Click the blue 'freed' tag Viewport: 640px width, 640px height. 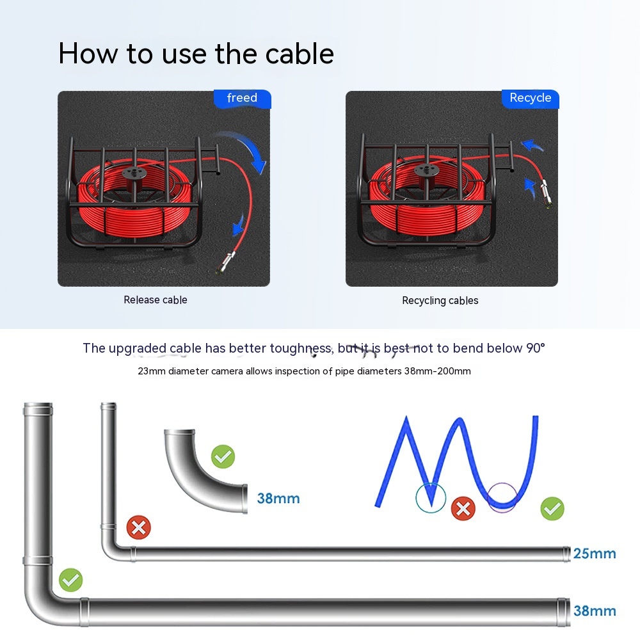pos(242,99)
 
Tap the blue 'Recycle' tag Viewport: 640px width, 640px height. pos(530,99)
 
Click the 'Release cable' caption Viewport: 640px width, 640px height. pos(156,300)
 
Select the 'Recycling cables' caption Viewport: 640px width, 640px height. pos(440,301)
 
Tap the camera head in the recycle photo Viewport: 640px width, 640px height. pos(547,195)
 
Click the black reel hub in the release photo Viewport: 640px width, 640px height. pos(134,173)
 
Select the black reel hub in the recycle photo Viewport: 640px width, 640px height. pos(426,171)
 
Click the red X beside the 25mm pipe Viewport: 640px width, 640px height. pos(139,527)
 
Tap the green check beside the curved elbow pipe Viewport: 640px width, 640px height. pos(223,456)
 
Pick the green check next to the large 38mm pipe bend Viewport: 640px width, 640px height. pos(70,580)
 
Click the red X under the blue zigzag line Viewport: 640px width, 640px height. pos(463,509)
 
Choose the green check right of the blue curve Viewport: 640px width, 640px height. pos(552,509)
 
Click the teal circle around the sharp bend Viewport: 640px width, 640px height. pos(416,497)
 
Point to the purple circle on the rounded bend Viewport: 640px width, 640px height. pos(488,497)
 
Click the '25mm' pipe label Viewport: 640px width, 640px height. pos(595,554)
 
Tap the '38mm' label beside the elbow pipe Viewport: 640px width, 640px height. pos(278,499)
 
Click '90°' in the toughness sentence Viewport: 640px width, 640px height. pos(536,348)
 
